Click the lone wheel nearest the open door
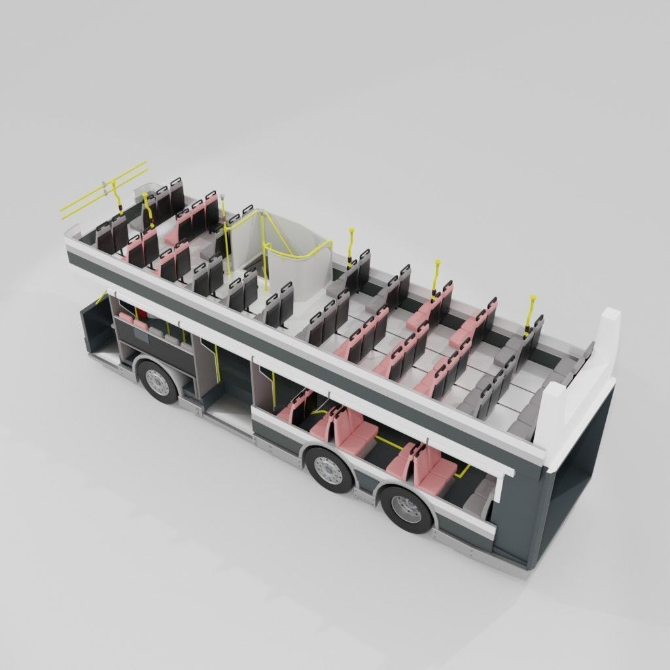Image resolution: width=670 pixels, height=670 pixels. (158, 381)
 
